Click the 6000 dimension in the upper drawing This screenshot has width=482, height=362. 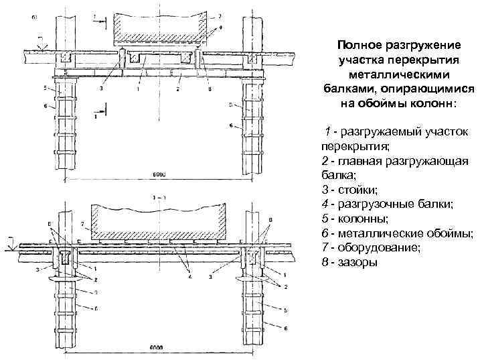pyautogui.click(x=159, y=174)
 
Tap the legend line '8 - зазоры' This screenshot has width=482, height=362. pyautogui.click(x=349, y=261)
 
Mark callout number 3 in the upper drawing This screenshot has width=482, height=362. pyautogui.click(x=102, y=88)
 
